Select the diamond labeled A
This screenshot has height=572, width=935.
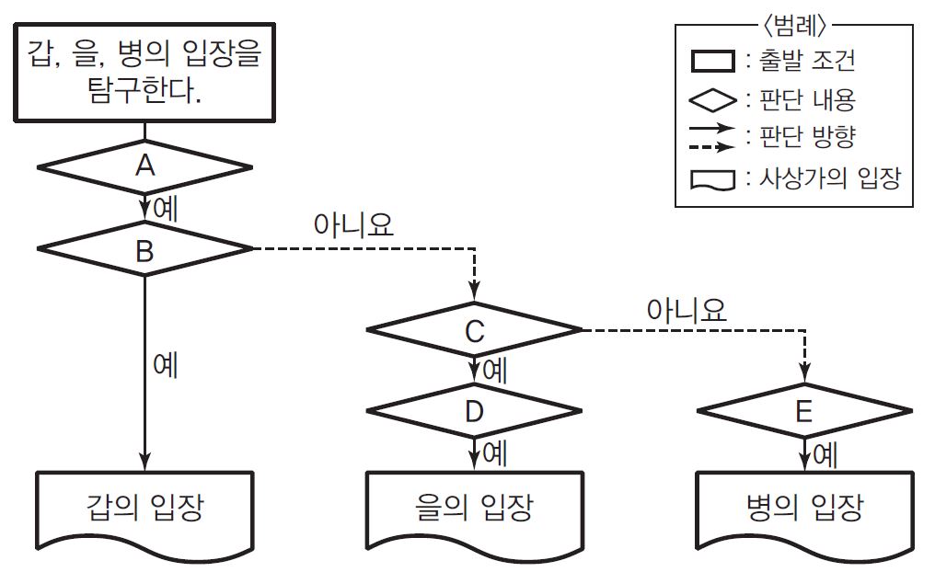(144, 166)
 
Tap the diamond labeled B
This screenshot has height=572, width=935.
(144, 250)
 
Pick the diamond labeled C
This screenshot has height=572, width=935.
(474, 330)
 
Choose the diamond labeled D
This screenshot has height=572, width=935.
(474, 411)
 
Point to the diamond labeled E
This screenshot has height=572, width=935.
(804, 411)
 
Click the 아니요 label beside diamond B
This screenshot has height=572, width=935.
(353, 225)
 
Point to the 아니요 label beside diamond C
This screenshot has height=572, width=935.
(687, 310)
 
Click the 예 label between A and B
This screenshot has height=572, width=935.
(166, 208)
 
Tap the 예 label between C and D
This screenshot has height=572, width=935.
(495, 371)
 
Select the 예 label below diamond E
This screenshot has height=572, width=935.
(825, 453)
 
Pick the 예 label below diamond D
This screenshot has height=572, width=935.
(495, 453)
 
